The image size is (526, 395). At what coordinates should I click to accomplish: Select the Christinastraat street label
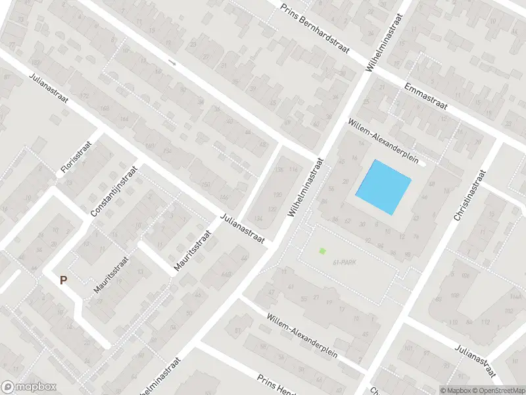coord(468,195)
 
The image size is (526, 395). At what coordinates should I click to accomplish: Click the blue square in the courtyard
coord(384,187)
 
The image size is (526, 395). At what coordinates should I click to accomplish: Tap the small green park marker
coord(322,250)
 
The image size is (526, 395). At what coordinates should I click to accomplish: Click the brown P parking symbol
coord(64,280)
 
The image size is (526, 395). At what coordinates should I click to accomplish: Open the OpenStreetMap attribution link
coord(498,390)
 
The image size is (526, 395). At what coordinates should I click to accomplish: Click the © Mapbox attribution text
coord(454,390)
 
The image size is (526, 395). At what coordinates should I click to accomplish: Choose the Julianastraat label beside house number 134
coord(242,228)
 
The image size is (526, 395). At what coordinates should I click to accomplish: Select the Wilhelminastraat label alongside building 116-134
coord(306,188)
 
